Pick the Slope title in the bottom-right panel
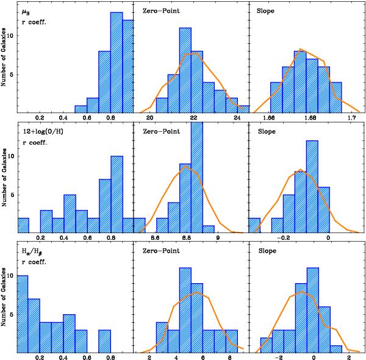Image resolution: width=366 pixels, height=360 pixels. (x=267, y=250)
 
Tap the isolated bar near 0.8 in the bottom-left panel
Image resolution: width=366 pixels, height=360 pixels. (x=104, y=340)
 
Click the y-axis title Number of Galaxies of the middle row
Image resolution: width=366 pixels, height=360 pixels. (x=5, y=178)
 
